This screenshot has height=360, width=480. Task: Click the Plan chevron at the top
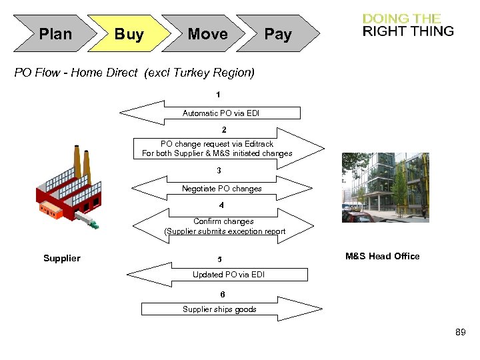[55, 34]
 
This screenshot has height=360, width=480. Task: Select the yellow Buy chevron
[129, 34]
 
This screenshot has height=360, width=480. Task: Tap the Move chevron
[207, 34]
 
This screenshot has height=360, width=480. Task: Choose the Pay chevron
[277, 34]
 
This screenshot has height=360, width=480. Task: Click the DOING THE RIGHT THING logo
[407, 25]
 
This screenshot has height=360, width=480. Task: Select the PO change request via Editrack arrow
[220, 149]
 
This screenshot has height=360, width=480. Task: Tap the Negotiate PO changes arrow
[222, 189]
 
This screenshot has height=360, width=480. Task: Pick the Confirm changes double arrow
[224, 227]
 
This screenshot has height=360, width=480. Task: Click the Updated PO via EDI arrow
[220, 274]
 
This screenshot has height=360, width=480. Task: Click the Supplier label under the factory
[61, 258]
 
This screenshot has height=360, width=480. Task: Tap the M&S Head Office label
[382, 256]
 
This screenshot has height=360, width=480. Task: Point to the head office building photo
[384, 187]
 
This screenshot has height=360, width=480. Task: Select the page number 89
[460, 331]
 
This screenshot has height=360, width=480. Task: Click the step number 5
[219, 259]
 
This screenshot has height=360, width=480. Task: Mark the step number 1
[218, 95]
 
